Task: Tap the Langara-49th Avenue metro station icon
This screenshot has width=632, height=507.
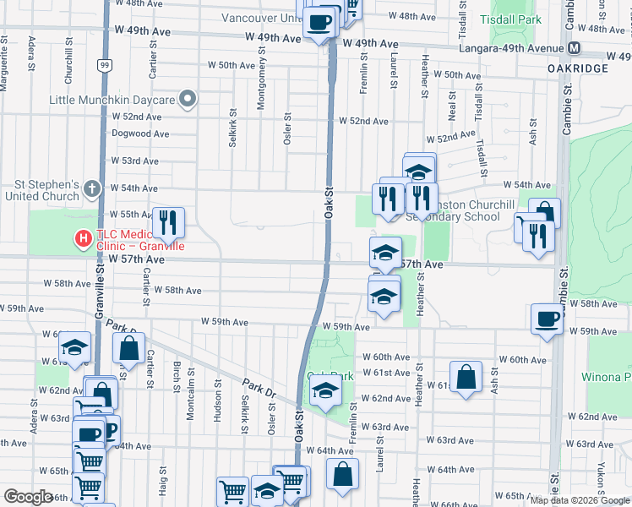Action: [x=575, y=48]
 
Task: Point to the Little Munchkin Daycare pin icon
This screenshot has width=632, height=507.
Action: [x=188, y=100]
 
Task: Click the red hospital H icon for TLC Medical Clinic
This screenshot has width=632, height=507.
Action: [x=83, y=239]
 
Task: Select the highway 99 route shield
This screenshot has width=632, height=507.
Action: [x=103, y=64]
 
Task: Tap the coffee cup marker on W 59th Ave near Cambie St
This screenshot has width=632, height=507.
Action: [x=548, y=319]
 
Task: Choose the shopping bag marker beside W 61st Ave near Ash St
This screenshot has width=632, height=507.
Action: [x=466, y=378]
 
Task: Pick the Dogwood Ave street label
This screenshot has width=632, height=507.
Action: [x=140, y=134]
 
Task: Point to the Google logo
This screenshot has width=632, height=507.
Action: [x=29, y=498]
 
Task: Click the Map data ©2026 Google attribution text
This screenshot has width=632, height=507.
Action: [x=578, y=500]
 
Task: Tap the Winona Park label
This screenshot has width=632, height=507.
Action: [x=607, y=376]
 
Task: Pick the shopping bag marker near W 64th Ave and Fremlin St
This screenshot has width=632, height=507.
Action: [x=343, y=475]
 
